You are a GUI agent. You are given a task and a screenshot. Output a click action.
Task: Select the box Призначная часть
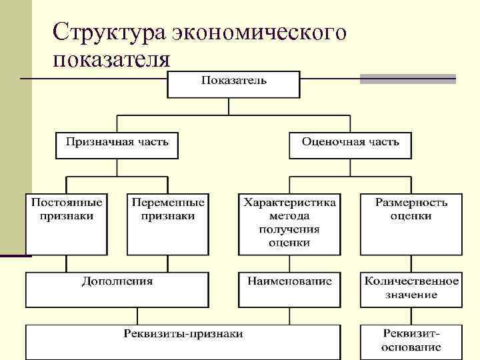coord(117,145)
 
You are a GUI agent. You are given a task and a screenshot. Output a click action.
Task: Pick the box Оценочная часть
coord(350,145)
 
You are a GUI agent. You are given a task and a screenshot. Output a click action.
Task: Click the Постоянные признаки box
coord(65,224)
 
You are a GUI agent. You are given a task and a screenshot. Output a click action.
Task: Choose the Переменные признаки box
coord(168,224)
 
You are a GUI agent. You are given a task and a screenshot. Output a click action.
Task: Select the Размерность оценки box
coord(411,224)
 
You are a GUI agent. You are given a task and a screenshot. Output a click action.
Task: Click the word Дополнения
coord(117,281)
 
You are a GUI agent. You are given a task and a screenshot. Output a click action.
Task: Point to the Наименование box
coord(289,289)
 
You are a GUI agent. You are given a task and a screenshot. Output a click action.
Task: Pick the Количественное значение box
coord(411,289)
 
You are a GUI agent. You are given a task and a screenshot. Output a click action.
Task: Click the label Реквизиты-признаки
coord(183,333)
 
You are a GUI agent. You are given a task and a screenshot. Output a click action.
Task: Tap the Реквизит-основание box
coord(411,341)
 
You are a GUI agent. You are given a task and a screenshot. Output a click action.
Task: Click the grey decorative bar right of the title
coord(407,79)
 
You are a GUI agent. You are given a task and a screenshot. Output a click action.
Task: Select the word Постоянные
coord(65,202)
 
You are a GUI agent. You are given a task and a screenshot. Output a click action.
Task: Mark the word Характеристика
coord(289,202)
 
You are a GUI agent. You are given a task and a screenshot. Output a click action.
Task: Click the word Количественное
coord(411,281)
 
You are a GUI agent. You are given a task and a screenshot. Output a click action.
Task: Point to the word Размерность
coord(411,202)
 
